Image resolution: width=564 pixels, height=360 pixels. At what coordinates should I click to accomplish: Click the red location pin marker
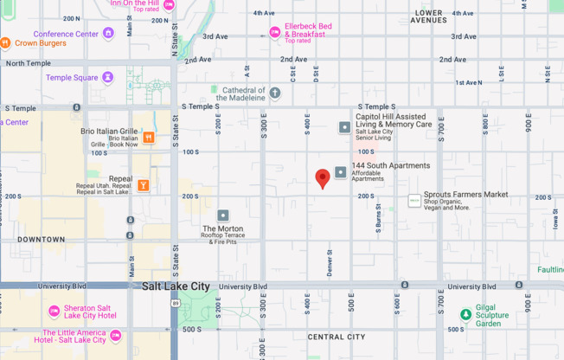[x=323, y=178]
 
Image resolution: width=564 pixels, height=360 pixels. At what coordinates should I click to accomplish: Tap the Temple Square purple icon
[x=107, y=78]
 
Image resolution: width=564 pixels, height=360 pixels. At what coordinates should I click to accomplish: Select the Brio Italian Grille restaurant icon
[x=149, y=137]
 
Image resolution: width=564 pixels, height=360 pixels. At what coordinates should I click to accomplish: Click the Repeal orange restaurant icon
[x=143, y=185]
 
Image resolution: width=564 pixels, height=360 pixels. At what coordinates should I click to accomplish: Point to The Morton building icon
[x=223, y=215]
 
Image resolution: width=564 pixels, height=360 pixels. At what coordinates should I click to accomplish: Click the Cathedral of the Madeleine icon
[x=275, y=93]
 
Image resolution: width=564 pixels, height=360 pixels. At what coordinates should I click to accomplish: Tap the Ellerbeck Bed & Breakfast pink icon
[x=274, y=32]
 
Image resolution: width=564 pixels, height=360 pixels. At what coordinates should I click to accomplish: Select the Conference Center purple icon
[x=108, y=34]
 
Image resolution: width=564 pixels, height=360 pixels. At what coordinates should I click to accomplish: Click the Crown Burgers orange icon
[x=5, y=42]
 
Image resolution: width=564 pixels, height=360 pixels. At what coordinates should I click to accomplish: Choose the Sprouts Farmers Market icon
[x=414, y=201]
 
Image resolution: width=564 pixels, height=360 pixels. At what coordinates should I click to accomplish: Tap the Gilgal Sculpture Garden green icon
[x=465, y=314]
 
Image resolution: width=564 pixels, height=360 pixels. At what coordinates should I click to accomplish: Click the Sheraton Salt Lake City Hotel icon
[x=54, y=311]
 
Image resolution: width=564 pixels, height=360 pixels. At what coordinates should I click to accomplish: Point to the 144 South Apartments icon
[x=341, y=172]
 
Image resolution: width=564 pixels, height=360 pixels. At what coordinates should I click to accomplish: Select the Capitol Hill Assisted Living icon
[x=344, y=127]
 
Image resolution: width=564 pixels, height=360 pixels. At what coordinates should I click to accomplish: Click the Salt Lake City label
[x=176, y=286]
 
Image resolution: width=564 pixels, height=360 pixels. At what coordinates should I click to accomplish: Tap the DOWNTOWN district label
[x=41, y=239]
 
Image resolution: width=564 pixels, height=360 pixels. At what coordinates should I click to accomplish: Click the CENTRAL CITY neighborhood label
[x=336, y=337]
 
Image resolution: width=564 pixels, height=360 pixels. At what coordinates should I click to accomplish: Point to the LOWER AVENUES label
[x=429, y=16]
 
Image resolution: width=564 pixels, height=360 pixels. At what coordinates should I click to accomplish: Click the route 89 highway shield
[x=176, y=303]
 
